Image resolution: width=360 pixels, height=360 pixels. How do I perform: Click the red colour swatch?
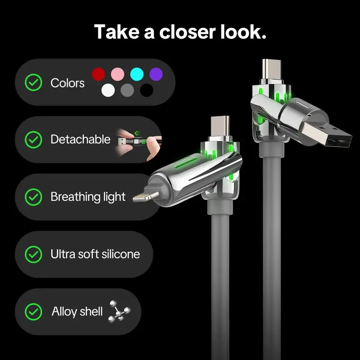(99, 74)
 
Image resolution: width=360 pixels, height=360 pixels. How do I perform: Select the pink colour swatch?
(117, 74)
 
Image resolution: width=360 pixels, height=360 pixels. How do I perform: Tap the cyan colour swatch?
(136, 74)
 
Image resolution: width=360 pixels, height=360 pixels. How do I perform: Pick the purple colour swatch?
(156, 74)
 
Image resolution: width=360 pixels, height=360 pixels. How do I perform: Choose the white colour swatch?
(108, 90)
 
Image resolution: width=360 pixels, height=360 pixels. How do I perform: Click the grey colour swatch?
(127, 90)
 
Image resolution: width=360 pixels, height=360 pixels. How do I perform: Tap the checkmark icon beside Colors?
(33, 83)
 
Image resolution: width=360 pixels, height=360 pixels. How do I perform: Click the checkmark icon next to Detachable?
(33, 139)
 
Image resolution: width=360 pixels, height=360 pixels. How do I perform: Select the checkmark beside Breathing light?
(33, 197)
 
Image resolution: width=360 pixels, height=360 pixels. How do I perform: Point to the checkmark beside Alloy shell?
(33, 311)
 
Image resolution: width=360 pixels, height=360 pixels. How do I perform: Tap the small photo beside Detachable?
(139, 139)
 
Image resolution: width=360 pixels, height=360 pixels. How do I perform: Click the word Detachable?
(80, 139)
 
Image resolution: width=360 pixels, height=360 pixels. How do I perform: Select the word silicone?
(119, 254)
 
